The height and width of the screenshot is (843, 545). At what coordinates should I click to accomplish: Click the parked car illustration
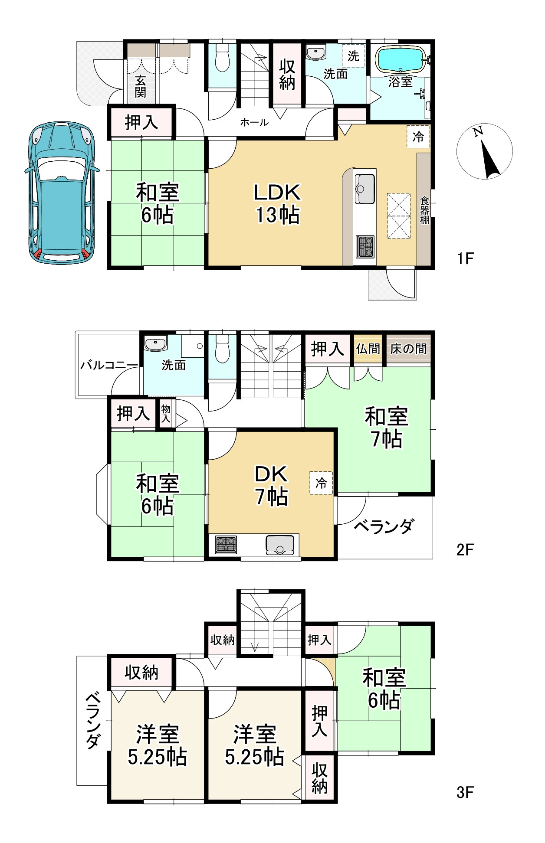(61, 193)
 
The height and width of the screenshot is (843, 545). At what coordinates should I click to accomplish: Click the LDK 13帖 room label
(278, 203)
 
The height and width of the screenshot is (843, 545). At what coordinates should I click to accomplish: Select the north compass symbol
(485, 151)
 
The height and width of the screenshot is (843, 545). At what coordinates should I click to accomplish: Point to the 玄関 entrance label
(141, 86)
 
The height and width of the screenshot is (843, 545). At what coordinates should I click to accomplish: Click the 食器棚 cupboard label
(424, 210)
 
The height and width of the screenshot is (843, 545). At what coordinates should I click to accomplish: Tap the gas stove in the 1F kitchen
(365, 246)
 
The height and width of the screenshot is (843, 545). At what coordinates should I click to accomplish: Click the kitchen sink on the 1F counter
(365, 188)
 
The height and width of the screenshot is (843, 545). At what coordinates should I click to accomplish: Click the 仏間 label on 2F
(368, 349)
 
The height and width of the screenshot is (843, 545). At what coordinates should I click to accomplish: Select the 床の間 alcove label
(408, 349)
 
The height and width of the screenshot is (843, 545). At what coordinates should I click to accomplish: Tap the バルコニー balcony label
(109, 365)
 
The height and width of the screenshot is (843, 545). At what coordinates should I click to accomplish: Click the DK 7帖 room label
(271, 485)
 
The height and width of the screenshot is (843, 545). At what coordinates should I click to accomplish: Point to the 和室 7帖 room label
(386, 427)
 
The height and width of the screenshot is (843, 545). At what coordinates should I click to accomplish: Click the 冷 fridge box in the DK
(321, 483)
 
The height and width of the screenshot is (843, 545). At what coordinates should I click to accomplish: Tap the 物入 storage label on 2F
(166, 413)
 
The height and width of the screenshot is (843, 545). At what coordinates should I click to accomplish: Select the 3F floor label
(465, 793)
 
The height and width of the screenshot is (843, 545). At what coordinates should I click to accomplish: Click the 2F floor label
(465, 550)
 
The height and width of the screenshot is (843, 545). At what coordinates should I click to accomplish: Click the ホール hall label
(254, 122)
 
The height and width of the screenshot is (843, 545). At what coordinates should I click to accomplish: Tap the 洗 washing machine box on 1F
(354, 56)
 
